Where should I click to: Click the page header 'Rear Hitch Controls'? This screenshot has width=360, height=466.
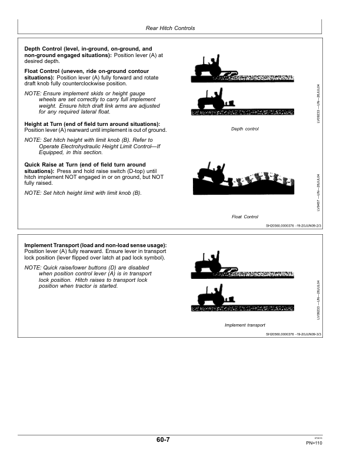coord(169,28)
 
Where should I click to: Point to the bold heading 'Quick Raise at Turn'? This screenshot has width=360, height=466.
coord(56,164)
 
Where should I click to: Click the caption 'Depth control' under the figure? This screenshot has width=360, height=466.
coord(245,129)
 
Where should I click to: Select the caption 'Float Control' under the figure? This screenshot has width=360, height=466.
coord(245,217)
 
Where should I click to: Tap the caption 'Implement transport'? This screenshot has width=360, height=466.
coord(245,325)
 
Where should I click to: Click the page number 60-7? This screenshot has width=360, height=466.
coord(164,440)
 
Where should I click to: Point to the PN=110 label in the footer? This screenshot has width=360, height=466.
coord(314,442)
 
